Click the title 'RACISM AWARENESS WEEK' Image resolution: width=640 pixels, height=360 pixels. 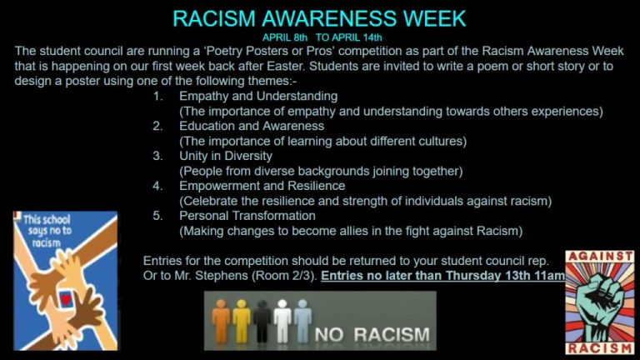coord(319,18)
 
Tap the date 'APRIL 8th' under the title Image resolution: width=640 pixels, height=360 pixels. coord(285,37)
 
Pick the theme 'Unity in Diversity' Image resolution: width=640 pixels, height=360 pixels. coord(226,156)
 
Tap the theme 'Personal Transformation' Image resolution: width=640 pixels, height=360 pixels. coord(247,216)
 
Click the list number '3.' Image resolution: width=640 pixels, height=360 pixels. coord(158,156)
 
